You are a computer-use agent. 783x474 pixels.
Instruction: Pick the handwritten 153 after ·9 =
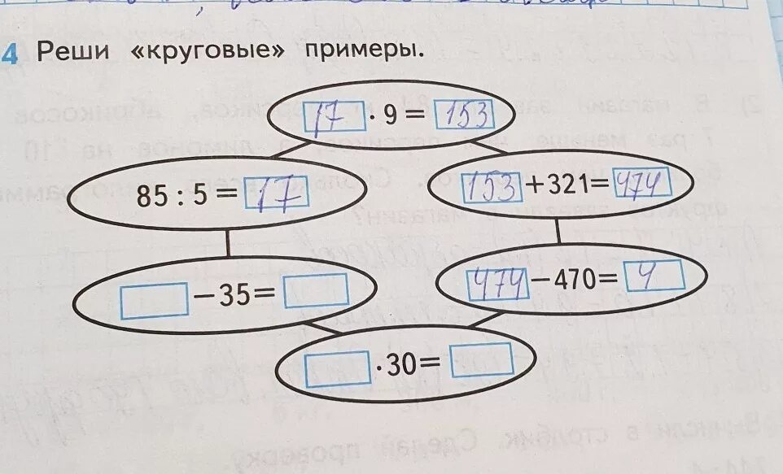click(464, 117)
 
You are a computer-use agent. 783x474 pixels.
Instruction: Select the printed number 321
click(569, 187)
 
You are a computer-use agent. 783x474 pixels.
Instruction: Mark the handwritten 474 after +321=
click(641, 184)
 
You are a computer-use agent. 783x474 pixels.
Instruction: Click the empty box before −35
click(155, 299)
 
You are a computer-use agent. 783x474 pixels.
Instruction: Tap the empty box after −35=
click(316, 290)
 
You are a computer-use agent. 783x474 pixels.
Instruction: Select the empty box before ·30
click(337, 367)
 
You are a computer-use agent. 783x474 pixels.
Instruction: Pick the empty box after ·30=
click(482, 360)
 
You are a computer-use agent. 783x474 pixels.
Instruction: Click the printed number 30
click(402, 366)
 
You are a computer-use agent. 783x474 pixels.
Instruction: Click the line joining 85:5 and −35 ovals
click(227, 241)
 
